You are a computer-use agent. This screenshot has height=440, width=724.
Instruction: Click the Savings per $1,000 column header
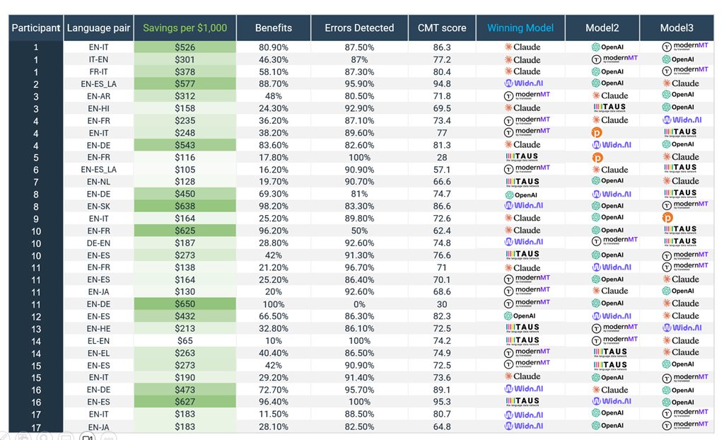pos(185,28)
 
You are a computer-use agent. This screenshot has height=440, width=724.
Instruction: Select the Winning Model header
pos(520,28)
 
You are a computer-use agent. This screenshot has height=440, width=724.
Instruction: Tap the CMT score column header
pos(442,28)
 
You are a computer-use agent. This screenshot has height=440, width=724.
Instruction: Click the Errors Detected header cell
pos(359,28)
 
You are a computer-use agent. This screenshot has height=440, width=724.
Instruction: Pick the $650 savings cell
pos(185,303)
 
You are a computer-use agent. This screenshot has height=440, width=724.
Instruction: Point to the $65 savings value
pos(185,340)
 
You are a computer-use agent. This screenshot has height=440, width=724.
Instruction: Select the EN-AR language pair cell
pos(98,96)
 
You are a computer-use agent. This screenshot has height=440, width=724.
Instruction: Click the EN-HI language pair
pos(98,108)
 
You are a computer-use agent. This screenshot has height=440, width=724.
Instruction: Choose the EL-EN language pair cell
pos(98,340)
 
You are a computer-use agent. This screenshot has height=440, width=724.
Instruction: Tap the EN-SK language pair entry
pos(98,206)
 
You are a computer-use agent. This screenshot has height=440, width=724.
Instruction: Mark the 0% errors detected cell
pos(359,303)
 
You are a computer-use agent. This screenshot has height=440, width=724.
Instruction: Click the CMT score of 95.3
pos(442,402)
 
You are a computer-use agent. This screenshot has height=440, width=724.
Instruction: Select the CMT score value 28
pos(442,157)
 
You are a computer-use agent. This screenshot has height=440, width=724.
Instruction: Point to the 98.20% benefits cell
pos(273,206)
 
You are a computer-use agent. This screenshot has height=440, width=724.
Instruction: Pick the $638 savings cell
pos(185,206)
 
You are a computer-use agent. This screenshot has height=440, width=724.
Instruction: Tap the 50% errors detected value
pos(359,231)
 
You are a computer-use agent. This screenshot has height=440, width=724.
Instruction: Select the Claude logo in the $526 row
pos(522,47)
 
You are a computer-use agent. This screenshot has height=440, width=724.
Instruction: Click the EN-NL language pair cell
pos(98,182)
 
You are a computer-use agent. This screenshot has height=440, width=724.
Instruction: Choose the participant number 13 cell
pos(36,328)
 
